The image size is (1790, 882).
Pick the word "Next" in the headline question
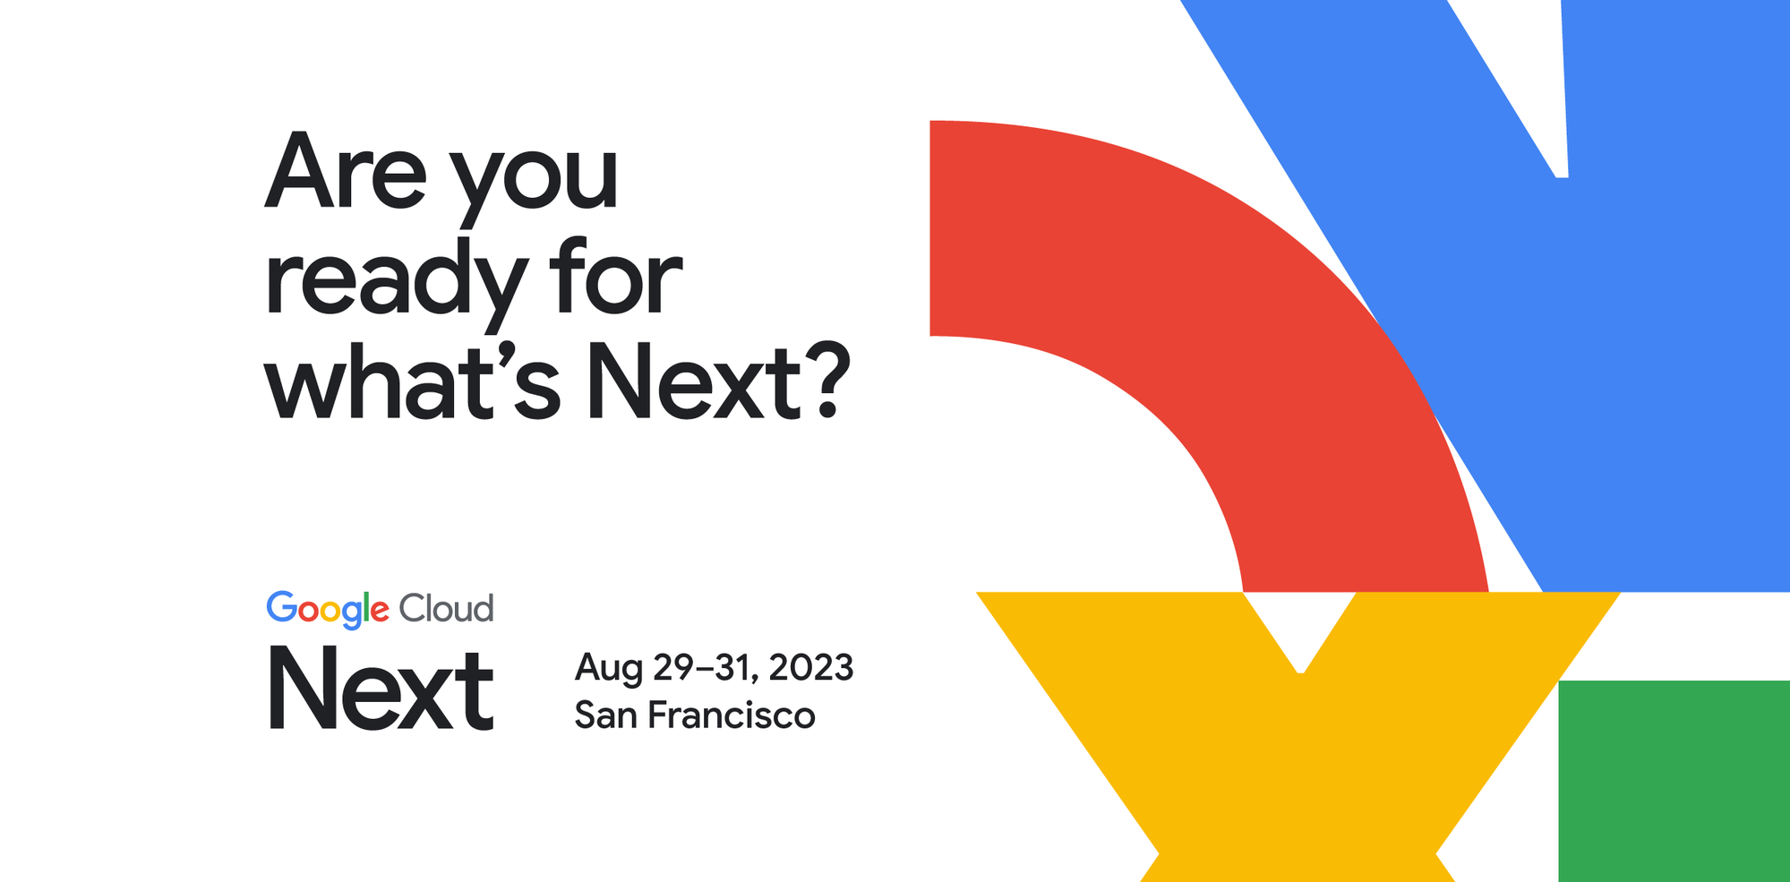tap(692, 383)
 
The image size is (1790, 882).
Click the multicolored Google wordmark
tap(328, 610)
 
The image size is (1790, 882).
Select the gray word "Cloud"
tap(446, 610)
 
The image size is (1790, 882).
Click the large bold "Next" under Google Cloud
tap(381, 690)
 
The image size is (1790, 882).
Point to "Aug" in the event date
tap(608, 669)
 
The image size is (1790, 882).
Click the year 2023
tap(811, 667)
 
